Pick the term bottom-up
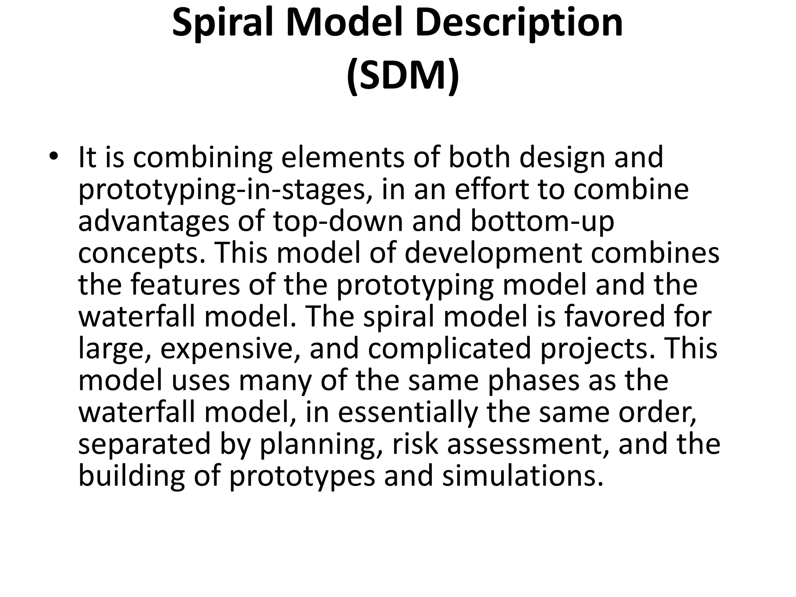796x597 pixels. coord(543,221)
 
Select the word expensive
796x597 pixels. coord(230,349)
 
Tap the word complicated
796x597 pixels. coord(449,349)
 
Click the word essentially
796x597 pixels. coord(408,412)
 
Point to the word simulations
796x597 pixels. coord(523,476)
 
